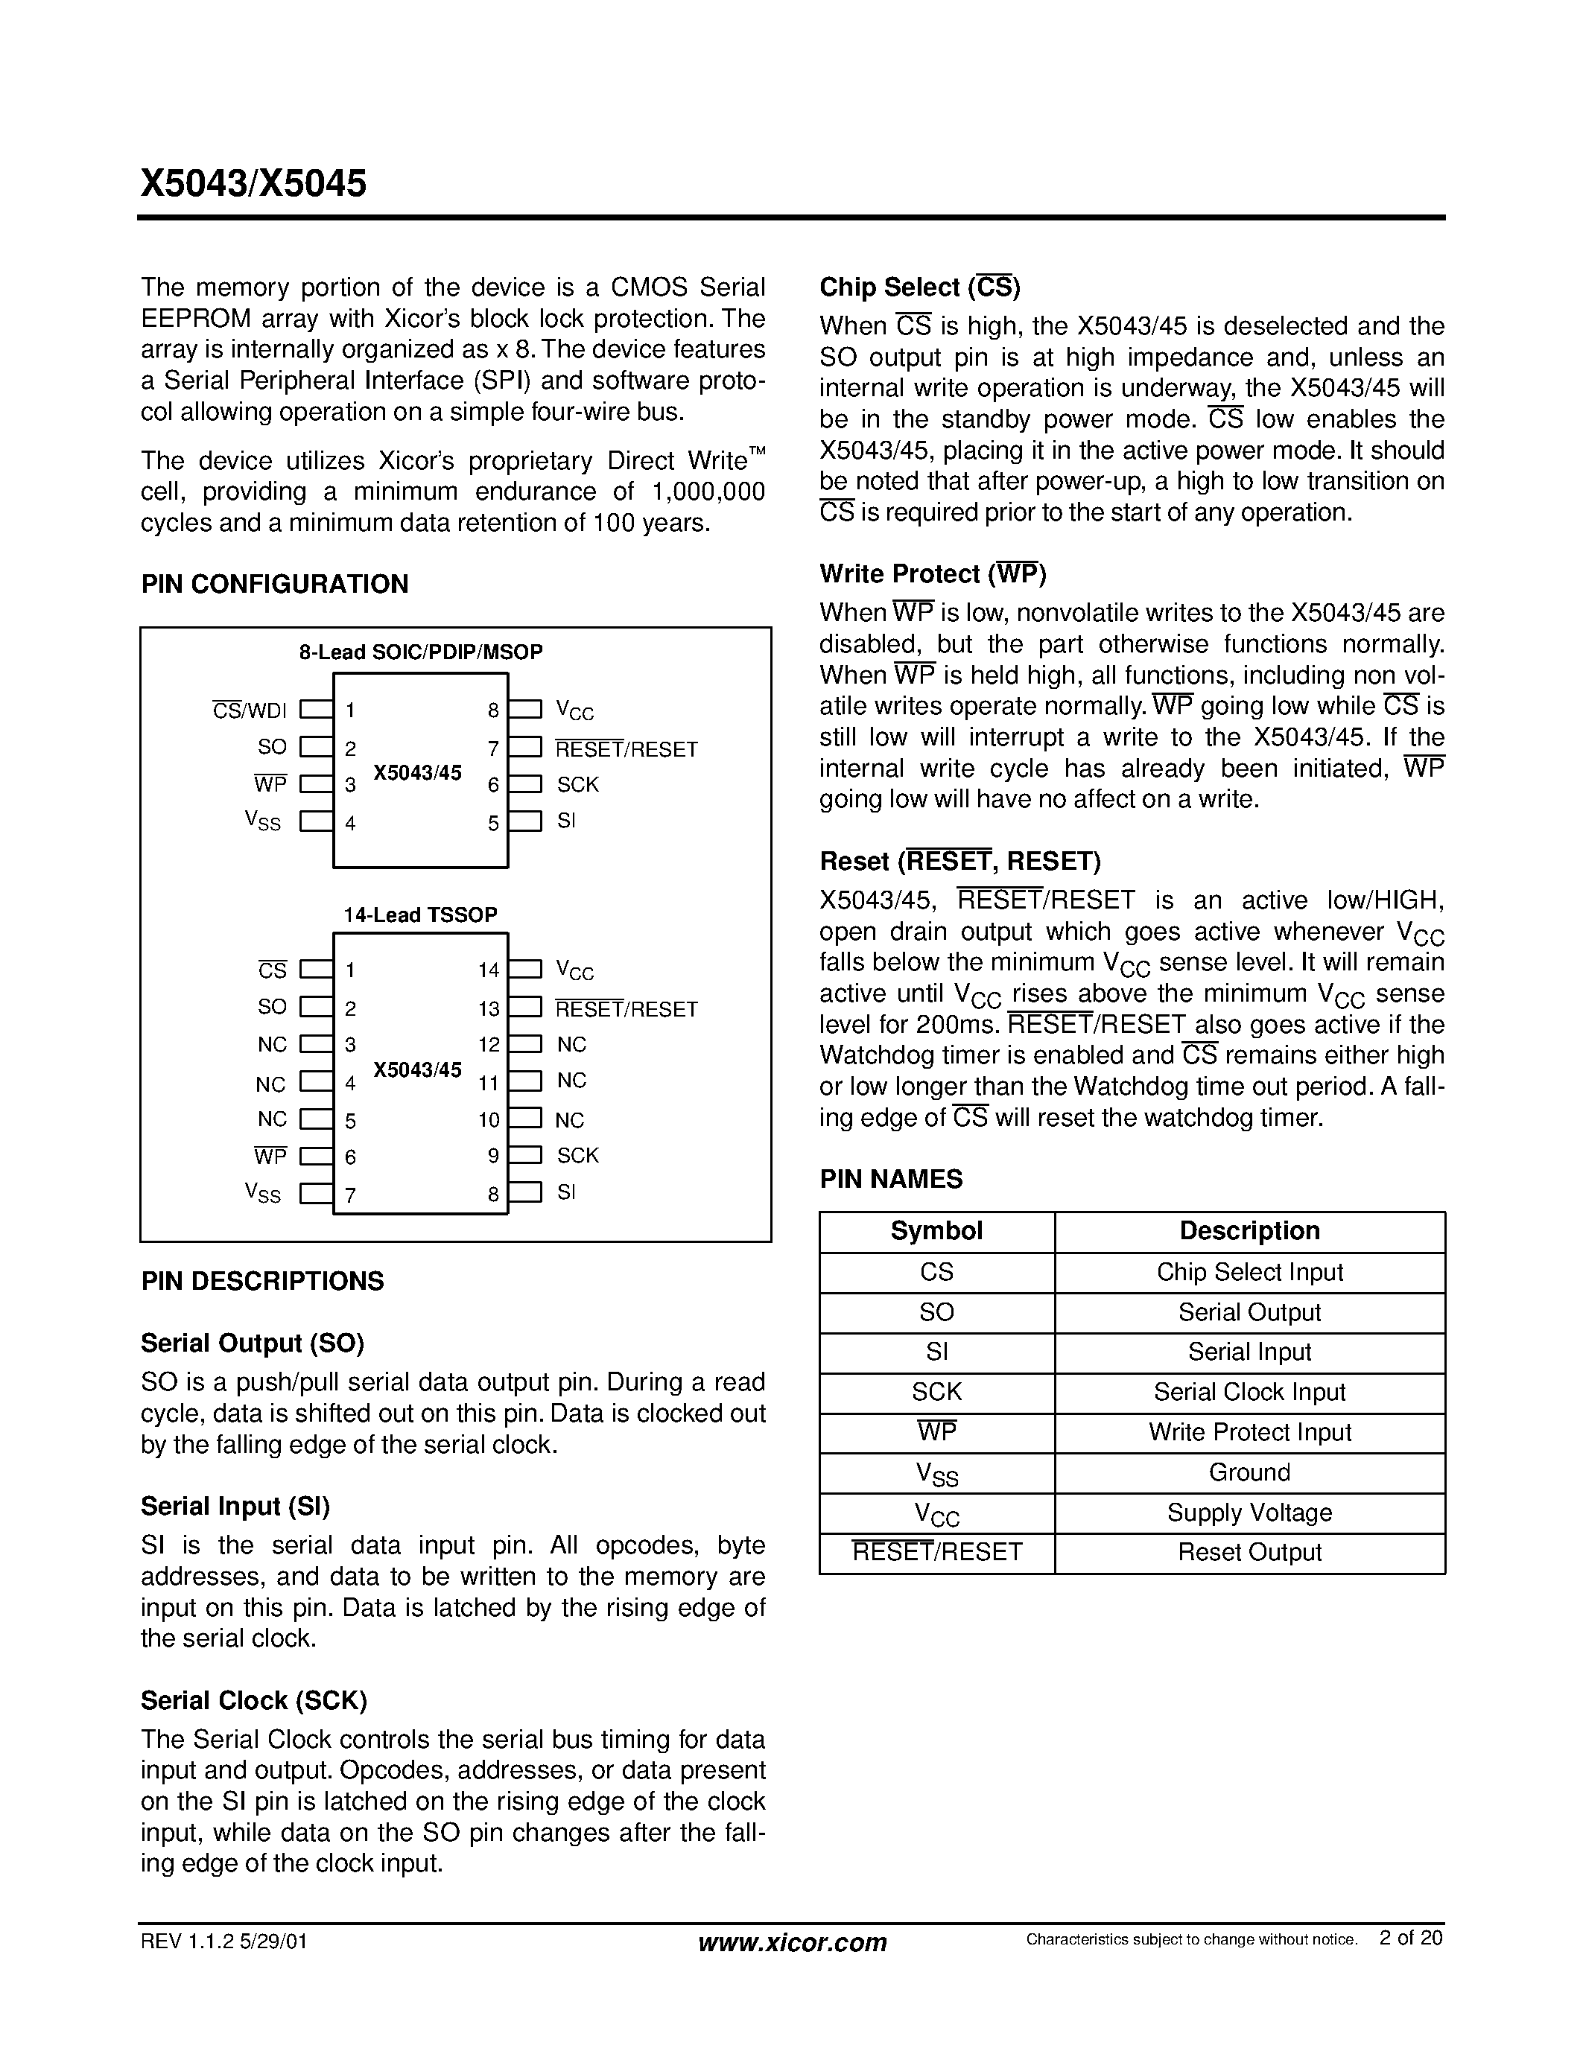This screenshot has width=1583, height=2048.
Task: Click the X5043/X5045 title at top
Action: (253, 183)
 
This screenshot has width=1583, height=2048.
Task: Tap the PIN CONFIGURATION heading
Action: (275, 584)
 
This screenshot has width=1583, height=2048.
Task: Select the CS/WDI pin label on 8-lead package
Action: (250, 710)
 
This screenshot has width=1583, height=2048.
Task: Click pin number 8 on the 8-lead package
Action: (493, 710)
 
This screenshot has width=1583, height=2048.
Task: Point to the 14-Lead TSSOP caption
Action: (420, 915)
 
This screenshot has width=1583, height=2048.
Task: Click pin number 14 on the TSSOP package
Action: (489, 970)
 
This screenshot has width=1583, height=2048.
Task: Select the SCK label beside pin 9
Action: (577, 1155)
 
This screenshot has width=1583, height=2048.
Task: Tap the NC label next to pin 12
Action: (571, 1045)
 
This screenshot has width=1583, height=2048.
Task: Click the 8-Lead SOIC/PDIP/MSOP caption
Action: (421, 652)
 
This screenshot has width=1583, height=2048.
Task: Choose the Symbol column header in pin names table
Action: (936, 1231)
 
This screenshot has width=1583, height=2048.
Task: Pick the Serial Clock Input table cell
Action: (1249, 1393)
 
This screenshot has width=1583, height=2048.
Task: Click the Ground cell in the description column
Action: (1249, 1472)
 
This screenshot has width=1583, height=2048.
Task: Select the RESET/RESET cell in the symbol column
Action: (936, 1552)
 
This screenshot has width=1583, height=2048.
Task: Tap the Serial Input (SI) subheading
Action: (235, 1506)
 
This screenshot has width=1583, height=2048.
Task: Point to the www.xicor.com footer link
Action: (793, 1942)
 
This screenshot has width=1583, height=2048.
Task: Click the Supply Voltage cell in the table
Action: (1249, 1513)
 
